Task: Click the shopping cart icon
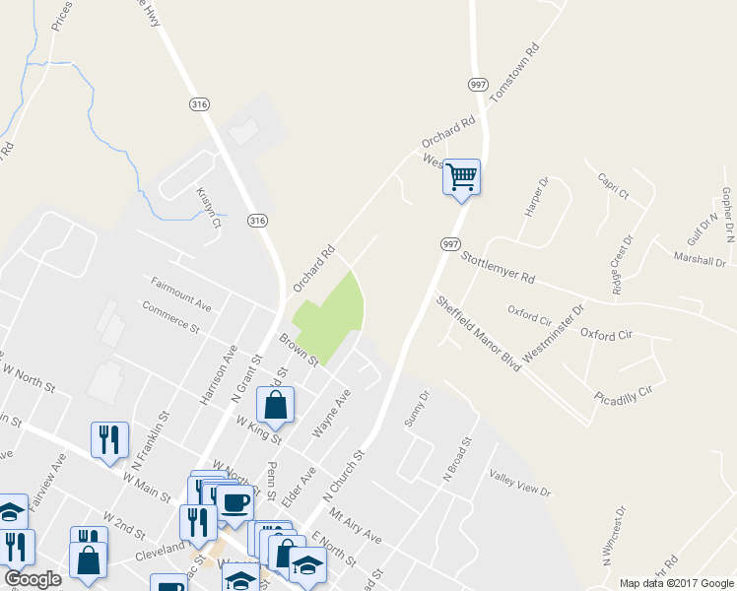point(461,177)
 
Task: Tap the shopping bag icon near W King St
point(276,405)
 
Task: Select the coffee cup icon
point(234,503)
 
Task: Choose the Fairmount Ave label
point(181,294)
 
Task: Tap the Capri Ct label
point(613,186)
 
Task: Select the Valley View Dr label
point(519,483)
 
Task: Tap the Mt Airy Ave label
point(355,526)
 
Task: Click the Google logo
point(33,579)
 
